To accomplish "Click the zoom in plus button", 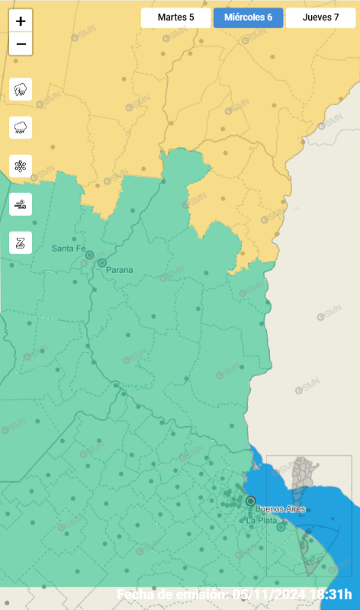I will [x=21, y=21].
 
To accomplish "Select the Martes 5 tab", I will [x=175, y=18].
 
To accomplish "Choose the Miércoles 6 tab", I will [x=248, y=18].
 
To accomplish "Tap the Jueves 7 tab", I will [x=320, y=18].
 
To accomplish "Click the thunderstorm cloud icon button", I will [x=21, y=89].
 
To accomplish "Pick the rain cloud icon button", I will [x=21, y=127].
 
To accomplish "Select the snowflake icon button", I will [x=21, y=165].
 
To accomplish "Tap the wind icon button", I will [x=21, y=204].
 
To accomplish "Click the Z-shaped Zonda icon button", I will [x=21, y=242].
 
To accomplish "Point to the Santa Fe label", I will [x=68, y=249].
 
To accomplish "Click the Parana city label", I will [x=119, y=270].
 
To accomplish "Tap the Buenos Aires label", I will [x=281, y=509].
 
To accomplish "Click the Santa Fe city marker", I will [x=89, y=255].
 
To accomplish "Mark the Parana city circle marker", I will [x=102, y=263].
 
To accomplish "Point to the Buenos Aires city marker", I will [x=250, y=501].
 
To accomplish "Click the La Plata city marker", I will [x=281, y=526].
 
